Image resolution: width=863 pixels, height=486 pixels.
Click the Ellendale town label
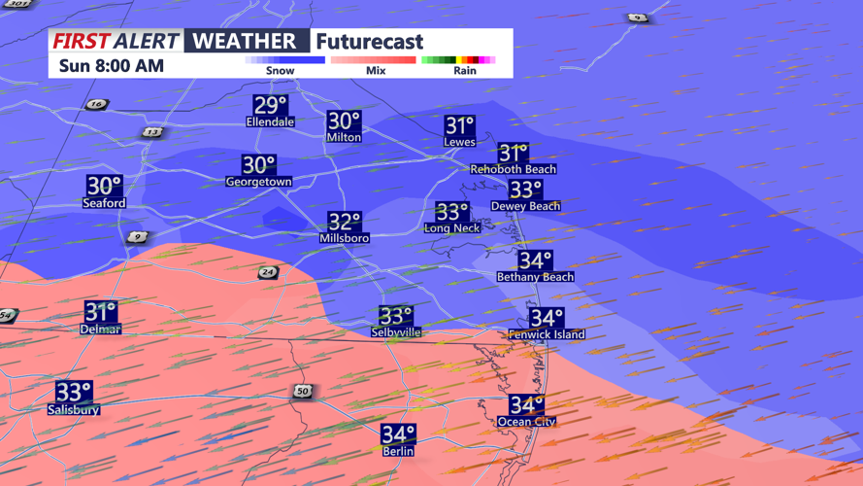[270, 122]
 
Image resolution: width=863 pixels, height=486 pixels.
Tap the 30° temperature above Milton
[344, 121]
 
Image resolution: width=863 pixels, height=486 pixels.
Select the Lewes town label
[459, 142]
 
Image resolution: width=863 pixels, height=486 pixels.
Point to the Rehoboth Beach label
[514, 169]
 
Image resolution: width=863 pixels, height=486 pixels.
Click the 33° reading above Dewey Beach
[525, 190]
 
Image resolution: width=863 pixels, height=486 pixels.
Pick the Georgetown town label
[258, 182]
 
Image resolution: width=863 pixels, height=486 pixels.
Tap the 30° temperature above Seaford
[104, 185]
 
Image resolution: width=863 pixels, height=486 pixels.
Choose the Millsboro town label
[344, 238]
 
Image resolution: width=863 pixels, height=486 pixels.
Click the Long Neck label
[451, 228]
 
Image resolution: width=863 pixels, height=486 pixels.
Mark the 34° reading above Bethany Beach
[535, 260]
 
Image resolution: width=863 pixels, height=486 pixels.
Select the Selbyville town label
[396, 332]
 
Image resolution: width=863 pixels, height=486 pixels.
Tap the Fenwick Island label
[547, 334]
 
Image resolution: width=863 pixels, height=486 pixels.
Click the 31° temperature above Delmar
[100, 312]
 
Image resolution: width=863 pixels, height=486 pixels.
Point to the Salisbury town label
[74, 410]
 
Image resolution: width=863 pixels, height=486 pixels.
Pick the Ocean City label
[527, 422]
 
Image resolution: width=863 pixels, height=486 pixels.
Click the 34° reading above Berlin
[398, 434]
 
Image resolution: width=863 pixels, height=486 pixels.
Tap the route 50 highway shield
[303, 392]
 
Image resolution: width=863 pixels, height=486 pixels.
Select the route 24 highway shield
[268, 273]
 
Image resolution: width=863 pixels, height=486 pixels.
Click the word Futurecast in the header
[370, 42]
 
